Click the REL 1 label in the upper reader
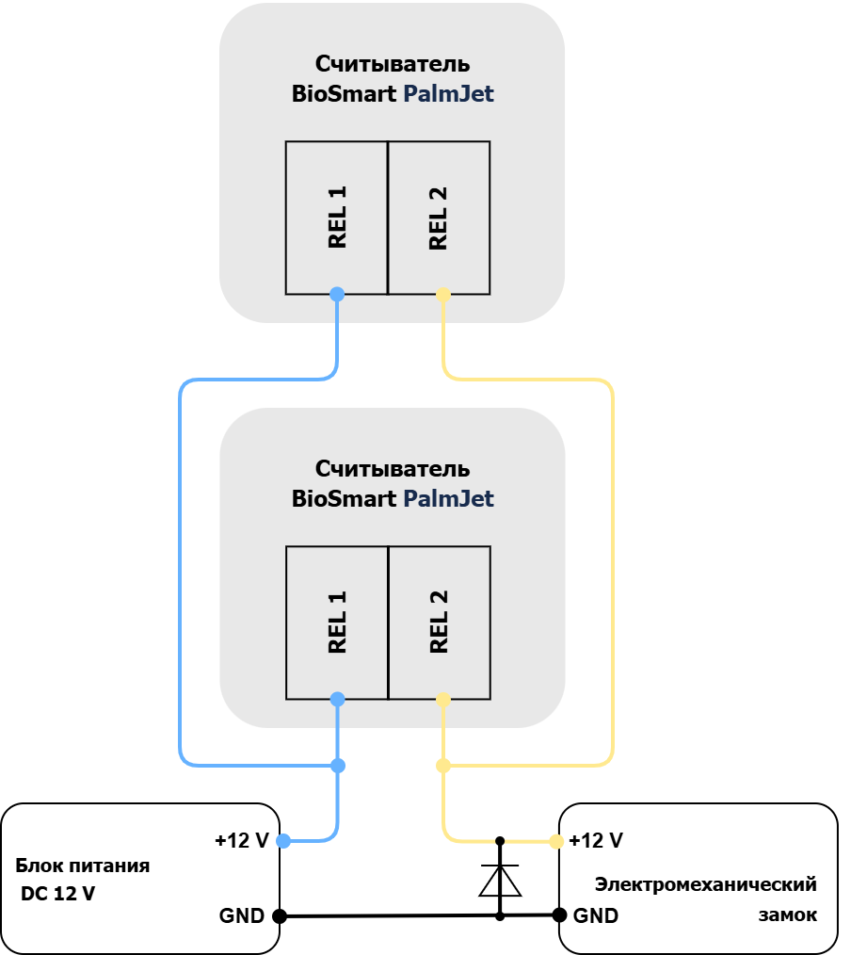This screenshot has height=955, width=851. coord(337,217)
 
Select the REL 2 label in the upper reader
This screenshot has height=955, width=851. coord(439,219)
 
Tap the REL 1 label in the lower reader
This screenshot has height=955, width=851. coord(337,622)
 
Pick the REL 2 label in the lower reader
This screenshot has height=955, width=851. coord(439,622)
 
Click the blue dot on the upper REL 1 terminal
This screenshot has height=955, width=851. coord(337,294)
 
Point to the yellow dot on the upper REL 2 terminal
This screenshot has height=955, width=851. coord(443,295)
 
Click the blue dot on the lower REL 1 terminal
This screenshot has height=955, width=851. coord(337,699)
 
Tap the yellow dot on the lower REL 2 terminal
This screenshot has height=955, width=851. coord(443,700)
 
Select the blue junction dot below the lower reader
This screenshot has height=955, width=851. coord(338,766)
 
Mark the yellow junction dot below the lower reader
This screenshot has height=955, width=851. coord(443,766)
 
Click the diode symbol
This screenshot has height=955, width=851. coord(500,880)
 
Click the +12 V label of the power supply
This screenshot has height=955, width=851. coord(242,840)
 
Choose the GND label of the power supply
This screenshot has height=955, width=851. coord(242,915)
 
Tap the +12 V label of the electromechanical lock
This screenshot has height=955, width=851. coord(596,840)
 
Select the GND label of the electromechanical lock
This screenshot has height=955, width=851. coord(596,915)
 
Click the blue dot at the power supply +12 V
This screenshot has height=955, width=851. coord(283,841)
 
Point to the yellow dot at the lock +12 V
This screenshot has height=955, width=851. coord(556,842)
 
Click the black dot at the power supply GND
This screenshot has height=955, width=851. coord(280,915)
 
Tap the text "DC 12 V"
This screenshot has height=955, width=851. coord(57,894)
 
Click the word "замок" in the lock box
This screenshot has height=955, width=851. coord(787,915)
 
